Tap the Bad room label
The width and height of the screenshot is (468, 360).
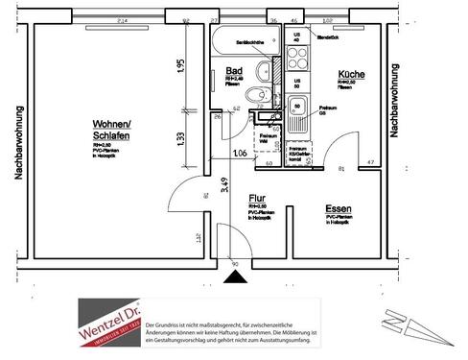click(x=233, y=72)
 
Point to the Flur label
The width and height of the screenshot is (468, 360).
click(x=256, y=199)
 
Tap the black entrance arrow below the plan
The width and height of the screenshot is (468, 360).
click(x=232, y=277)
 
